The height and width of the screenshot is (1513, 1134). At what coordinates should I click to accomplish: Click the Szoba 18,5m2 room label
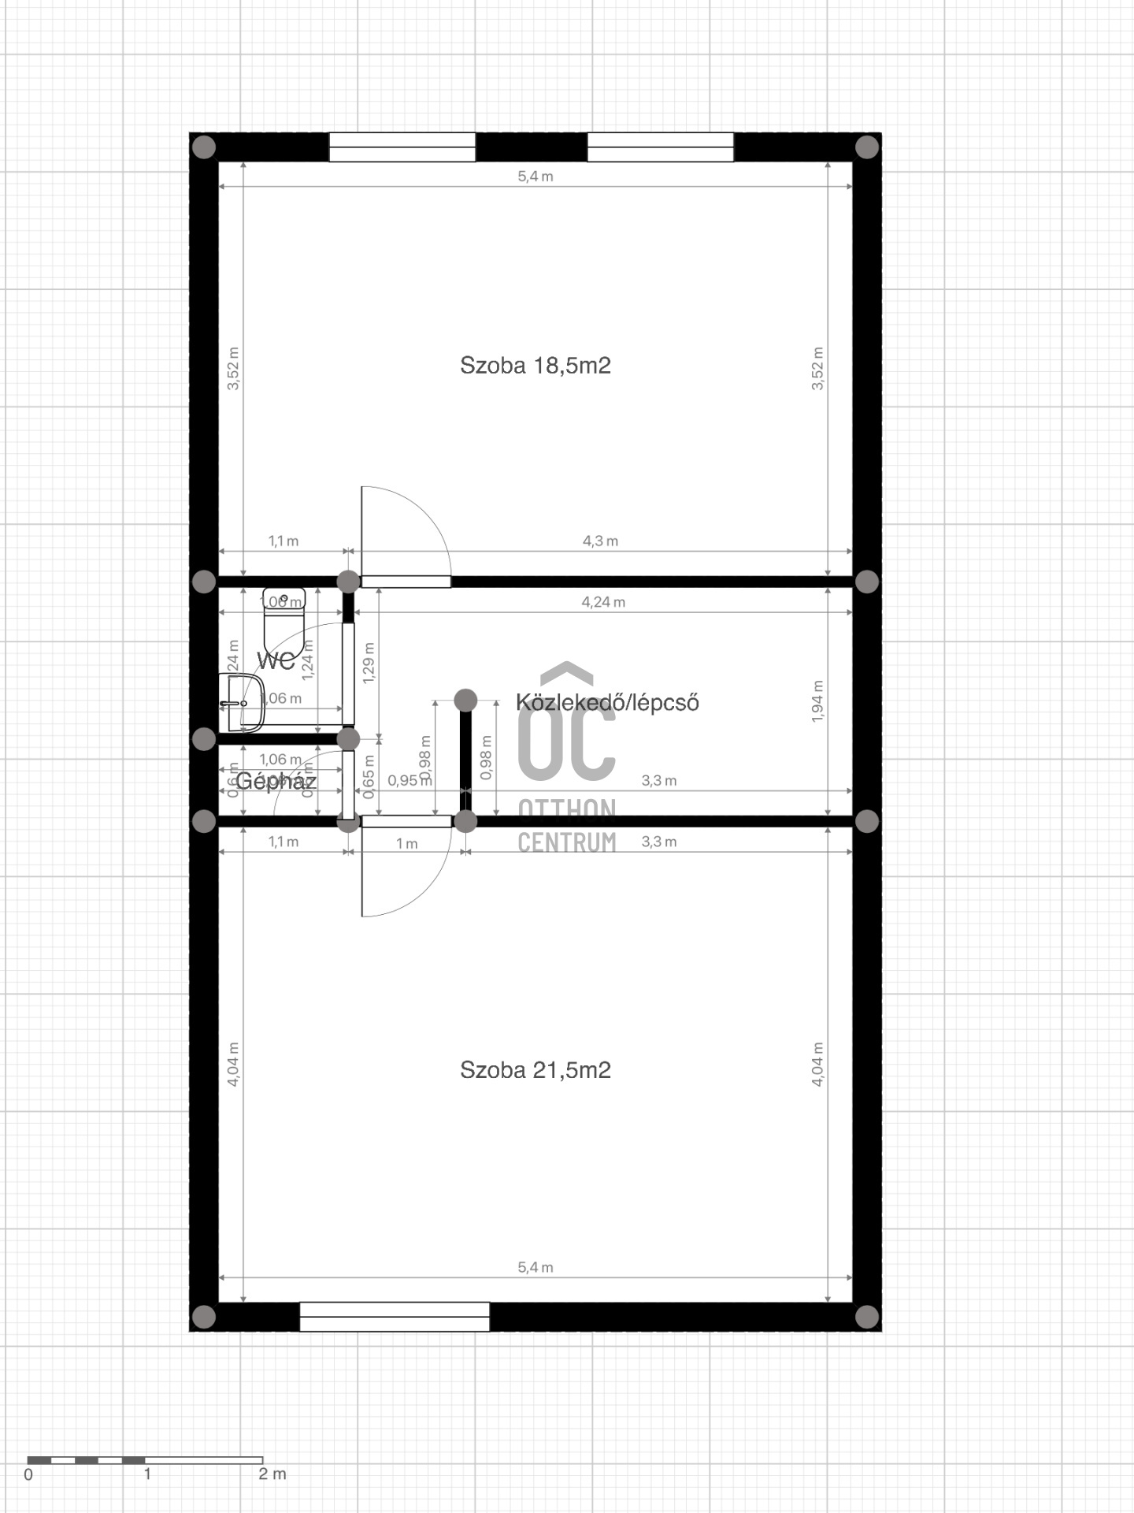point(535,365)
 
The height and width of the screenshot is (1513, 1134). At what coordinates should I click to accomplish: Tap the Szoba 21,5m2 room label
point(535,1069)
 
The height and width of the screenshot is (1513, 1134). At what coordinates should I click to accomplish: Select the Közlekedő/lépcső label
point(607,702)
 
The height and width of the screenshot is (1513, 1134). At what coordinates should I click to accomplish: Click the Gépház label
point(276,781)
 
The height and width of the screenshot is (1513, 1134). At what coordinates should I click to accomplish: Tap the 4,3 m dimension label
point(600,541)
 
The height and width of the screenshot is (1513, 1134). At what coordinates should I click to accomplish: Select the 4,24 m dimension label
point(603,602)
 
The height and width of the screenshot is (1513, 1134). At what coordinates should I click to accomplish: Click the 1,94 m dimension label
point(817,701)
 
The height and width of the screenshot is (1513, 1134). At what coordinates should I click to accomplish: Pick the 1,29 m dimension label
point(369,662)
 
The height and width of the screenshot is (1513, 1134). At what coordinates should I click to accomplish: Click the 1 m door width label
point(406,843)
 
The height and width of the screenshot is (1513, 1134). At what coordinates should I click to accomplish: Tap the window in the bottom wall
point(395,1317)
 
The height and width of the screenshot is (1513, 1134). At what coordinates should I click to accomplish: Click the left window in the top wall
point(402,147)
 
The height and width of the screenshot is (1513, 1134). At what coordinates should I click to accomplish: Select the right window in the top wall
point(660,147)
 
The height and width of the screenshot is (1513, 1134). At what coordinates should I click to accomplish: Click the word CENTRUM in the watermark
point(566,842)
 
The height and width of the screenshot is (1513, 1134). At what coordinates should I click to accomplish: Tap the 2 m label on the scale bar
point(272,1474)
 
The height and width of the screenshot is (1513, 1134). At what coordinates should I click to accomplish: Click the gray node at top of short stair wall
point(465,700)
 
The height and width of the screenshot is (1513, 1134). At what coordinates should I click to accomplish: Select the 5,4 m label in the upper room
point(535,177)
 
